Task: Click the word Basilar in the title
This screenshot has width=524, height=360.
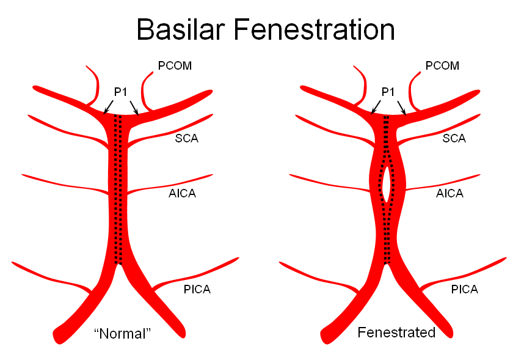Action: coord(180,29)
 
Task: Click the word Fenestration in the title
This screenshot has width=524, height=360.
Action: coord(314,29)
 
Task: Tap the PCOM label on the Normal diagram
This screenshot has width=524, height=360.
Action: coord(175,65)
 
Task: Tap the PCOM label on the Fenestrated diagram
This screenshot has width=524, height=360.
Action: coord(442,65)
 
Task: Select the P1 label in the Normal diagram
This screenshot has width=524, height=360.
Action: coord(120,92)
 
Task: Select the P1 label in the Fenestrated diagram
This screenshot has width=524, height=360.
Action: coord(388,92)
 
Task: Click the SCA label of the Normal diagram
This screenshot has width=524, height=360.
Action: coord(186,138)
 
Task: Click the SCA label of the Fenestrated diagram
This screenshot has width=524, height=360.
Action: coord(454,138)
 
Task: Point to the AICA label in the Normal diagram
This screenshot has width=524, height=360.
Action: coord(182,193)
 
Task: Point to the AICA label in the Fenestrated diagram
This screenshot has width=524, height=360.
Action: coord(450,193)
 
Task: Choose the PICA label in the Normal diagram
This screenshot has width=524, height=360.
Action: coord(197,289)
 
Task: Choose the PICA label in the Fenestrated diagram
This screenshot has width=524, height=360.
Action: coord(465,289)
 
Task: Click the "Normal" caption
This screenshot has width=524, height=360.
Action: coord(123,334)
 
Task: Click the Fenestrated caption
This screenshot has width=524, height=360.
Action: coord(396,332)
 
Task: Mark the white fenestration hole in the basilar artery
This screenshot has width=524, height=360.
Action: coord(386,185)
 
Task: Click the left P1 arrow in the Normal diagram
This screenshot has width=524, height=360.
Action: coord(108,107)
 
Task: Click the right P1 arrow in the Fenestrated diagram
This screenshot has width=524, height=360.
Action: coord(402,108)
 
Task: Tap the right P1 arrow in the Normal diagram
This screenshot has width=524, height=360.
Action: coord(134,108)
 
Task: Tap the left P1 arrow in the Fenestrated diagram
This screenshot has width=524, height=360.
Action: coord(376,107)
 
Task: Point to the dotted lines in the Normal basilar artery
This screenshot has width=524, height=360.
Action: coord(118,189)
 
